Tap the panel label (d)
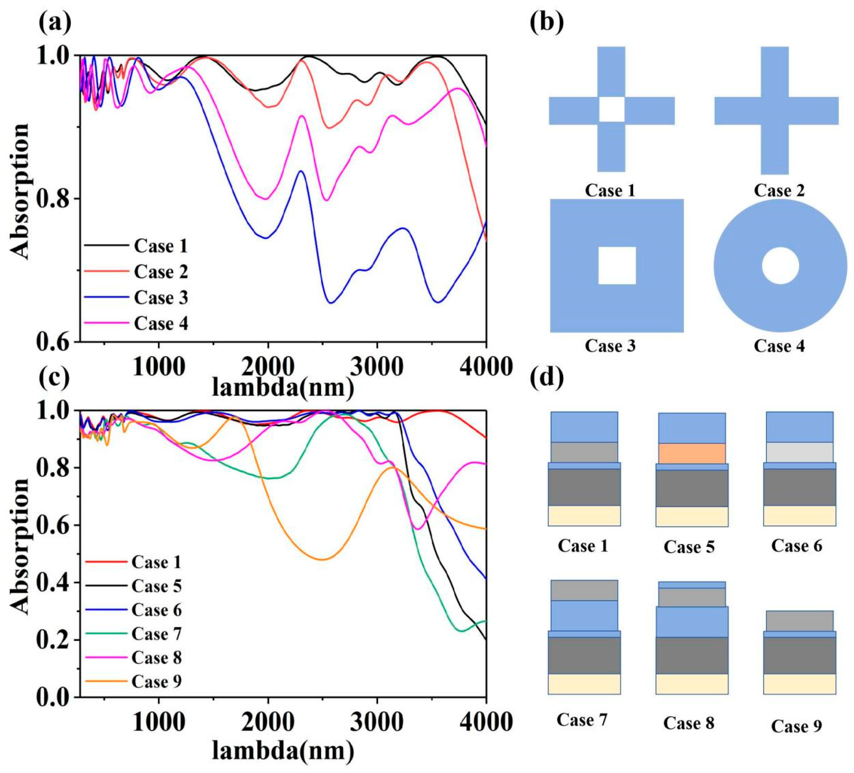pyautogui.click(x=547, y=378)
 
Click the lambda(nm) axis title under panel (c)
pyautogui.click(x=283, y=751)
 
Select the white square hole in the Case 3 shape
pyautogui.click(x=617, y=266)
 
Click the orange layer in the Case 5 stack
pyautogui.click(x=692, y=454)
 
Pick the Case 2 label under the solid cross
pyautogui.click(x=779, y=191)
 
